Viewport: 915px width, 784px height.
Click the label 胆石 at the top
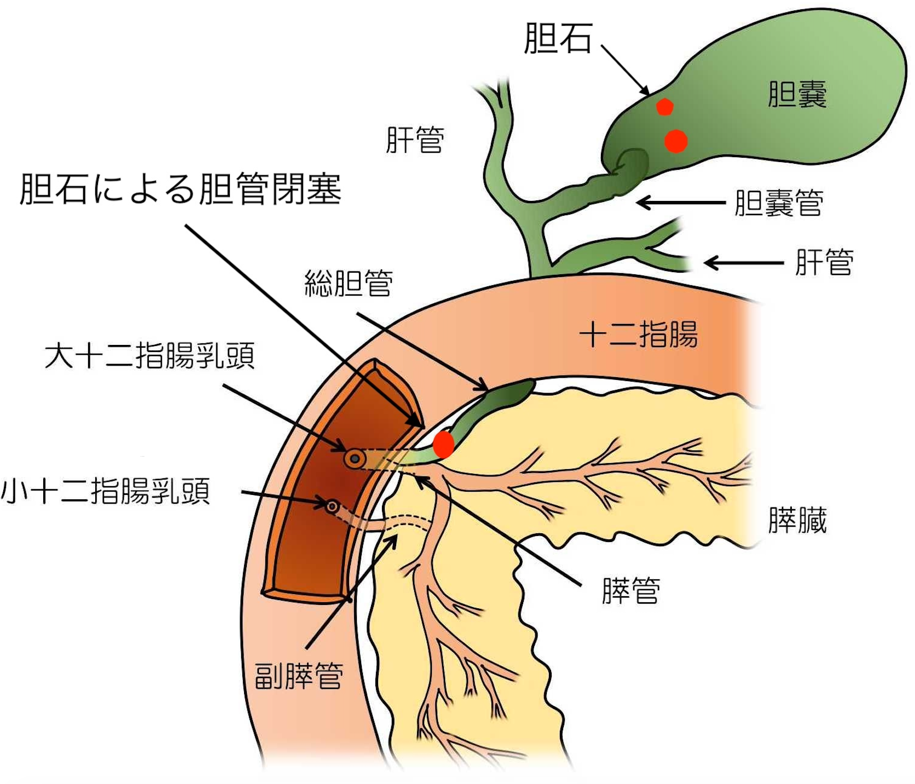[558, 38]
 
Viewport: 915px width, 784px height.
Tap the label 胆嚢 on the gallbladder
[797, 94]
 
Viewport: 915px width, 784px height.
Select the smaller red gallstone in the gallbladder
[664, 107]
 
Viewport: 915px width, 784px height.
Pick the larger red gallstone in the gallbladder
[676, 141]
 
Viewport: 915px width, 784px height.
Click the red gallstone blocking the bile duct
[443, 444]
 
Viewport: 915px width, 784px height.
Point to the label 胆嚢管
[779, 203]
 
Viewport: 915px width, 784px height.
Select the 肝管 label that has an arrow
[824, 262]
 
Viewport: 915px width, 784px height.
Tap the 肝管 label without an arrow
[415, 140]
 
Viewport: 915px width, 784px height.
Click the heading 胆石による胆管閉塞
[181, 189]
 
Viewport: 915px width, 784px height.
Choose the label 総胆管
[349, 283]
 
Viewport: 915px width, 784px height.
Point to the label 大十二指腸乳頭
[149, 356]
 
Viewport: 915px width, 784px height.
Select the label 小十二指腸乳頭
[106, 491]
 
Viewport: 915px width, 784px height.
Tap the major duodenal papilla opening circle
[355, 459]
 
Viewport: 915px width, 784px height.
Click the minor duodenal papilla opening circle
[332, 506]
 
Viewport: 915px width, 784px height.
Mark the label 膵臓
[797, 520]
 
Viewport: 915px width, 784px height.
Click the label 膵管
[630, 591]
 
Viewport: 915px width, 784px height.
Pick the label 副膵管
[299, 676]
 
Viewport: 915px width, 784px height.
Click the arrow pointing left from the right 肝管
[744, 263]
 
